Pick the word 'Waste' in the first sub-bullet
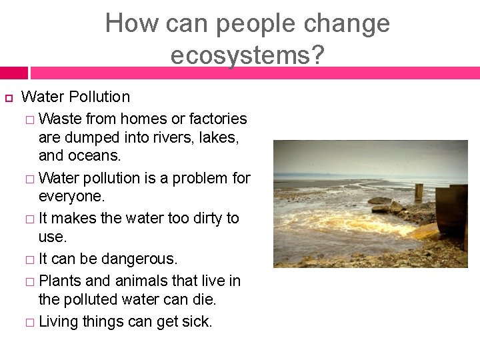point(59,119)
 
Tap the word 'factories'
point(218,119)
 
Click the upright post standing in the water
point(419,192)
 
